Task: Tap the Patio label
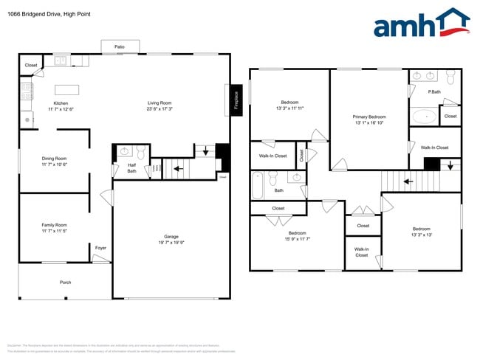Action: (120, 46)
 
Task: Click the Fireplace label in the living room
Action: (236, 99)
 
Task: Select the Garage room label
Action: (171, 236)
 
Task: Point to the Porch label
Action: (66, 283)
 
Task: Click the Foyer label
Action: (100, 248)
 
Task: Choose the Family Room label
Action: (55, 224)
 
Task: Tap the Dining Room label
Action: (54, 158)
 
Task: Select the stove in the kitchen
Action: (27, 91)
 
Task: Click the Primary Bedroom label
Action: (369, 117)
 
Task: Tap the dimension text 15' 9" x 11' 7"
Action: (297, 239)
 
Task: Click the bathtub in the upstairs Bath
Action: (258, 186)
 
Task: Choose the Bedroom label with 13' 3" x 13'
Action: (421, 229)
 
